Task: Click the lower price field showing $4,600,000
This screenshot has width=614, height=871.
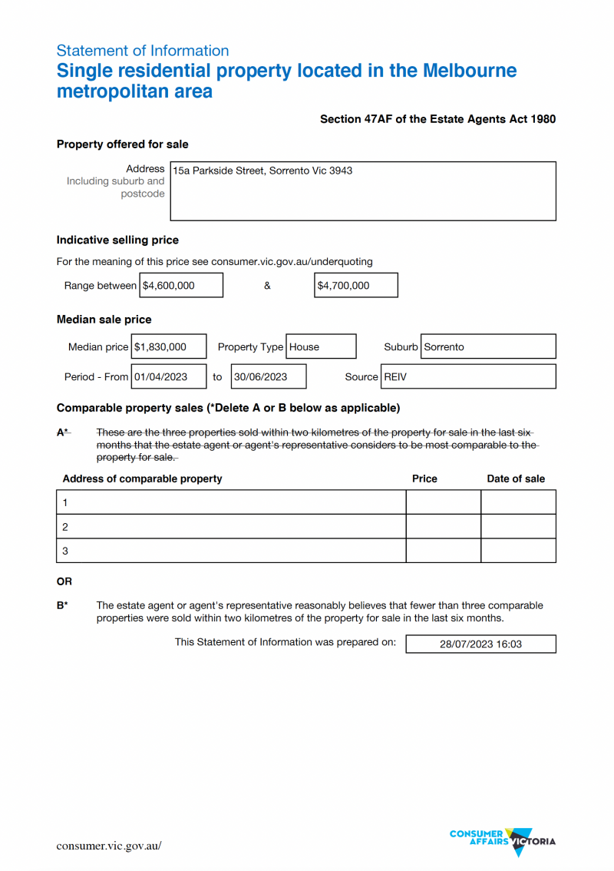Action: coord(181,285)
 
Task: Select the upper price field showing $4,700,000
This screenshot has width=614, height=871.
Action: coord(356,285)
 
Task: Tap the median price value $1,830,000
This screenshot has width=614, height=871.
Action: coord(169,346)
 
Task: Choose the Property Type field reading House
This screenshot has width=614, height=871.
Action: coord(321,346)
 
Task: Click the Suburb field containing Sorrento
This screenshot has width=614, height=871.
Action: coord(488,346)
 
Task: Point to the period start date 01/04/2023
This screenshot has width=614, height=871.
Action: coord(169,376)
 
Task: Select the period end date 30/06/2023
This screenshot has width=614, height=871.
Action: coord(269,376)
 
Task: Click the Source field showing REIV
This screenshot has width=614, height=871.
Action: coord(468,376)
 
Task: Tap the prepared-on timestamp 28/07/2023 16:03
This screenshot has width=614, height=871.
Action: coord(480,644)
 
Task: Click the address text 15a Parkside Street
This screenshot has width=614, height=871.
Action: coord(220,171)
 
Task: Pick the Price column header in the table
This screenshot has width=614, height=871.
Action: coord(424,479)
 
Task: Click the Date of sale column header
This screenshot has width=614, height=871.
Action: coord(516,479)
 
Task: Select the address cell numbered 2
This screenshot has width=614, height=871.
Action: coord(231,526)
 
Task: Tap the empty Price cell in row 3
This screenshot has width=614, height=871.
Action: coord(443,551)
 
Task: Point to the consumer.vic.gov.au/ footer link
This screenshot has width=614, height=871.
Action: coord(109,845)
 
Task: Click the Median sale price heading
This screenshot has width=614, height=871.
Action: coord(104,320)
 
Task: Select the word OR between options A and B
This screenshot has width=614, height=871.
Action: coord(64,581)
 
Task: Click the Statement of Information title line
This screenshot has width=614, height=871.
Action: coord(143,51)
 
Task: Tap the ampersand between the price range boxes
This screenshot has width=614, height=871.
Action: coord(267,286)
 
